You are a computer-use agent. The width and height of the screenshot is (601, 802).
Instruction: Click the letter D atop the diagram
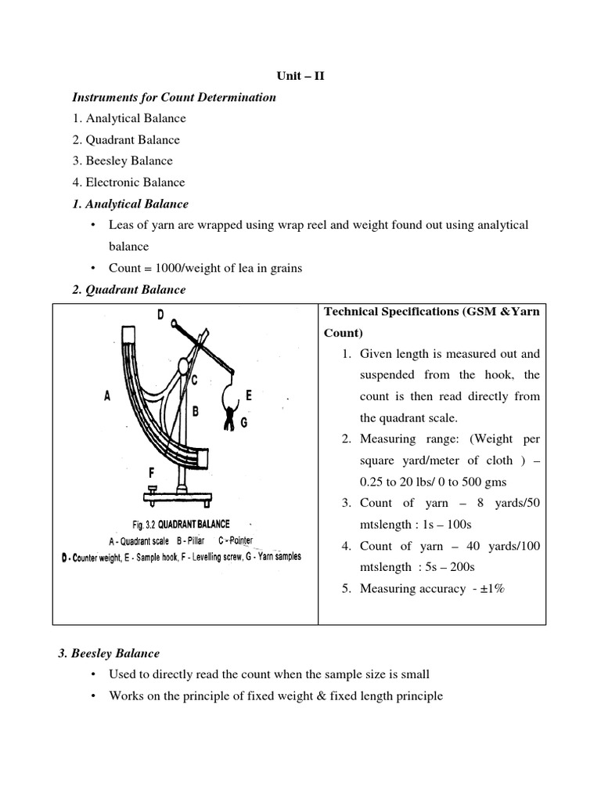tap(160, 316)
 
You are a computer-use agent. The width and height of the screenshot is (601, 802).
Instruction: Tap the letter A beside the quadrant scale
tap(106, 396)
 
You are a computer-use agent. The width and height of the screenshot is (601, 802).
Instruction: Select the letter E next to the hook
tap(249, 396)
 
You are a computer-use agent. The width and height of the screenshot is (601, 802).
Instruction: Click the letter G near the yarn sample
tap(244, 422)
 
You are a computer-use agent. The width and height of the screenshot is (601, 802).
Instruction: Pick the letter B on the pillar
tap(196, 410)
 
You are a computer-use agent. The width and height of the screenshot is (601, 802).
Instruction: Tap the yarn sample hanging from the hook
tap(230, 415)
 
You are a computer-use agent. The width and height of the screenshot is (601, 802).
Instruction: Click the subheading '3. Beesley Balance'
tap(110, 653)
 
